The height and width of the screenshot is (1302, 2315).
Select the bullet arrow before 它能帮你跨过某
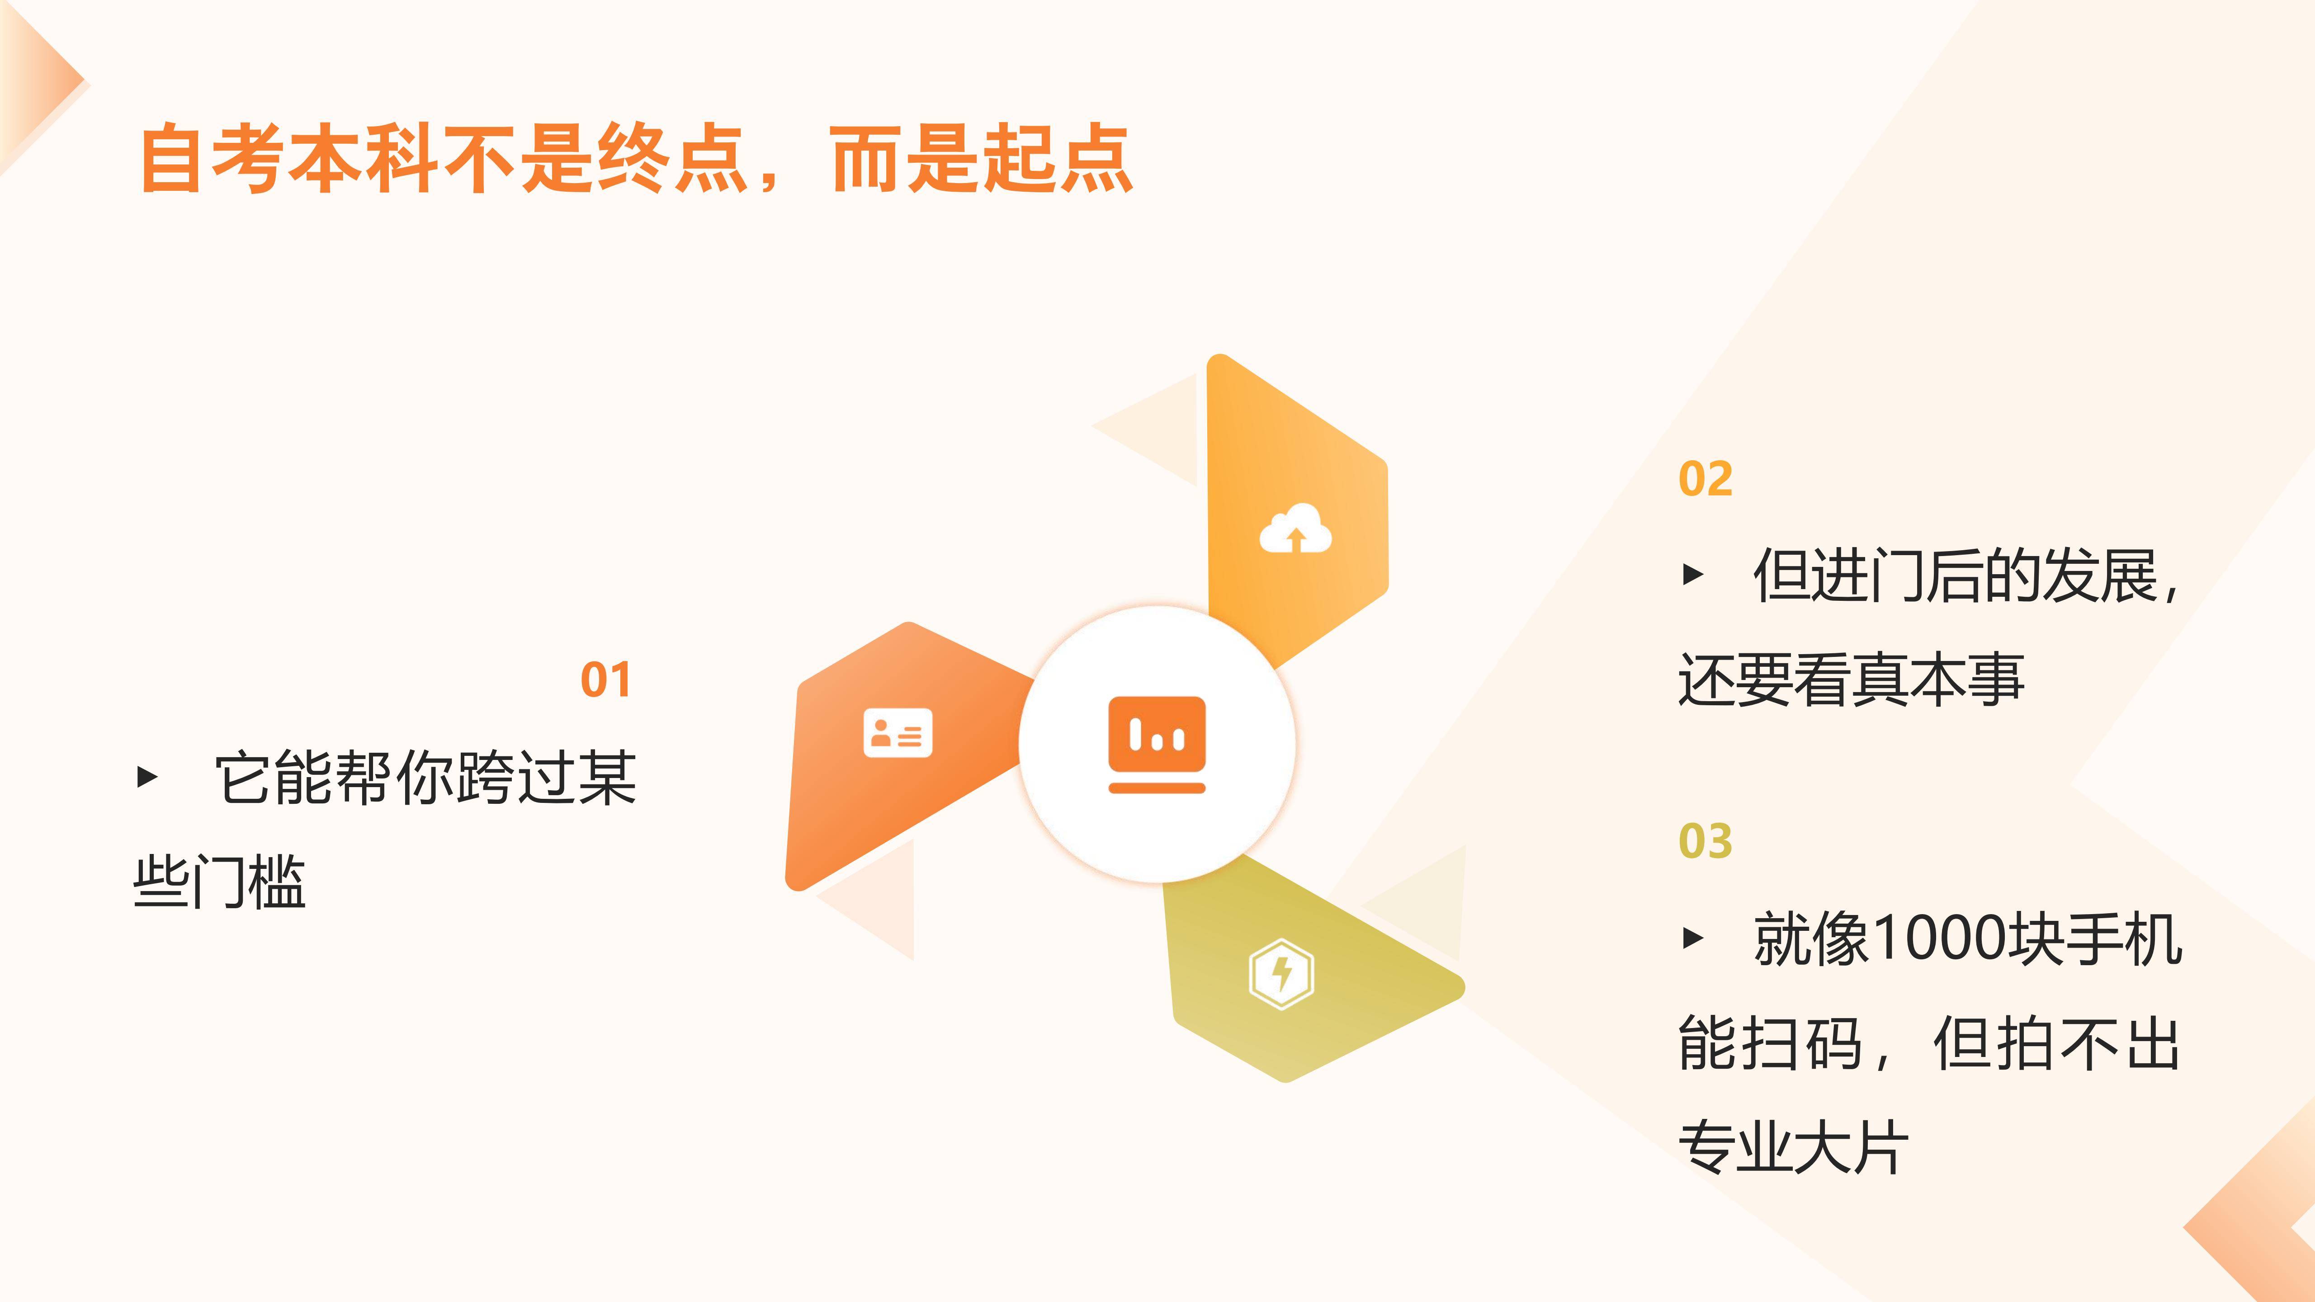[147, 776]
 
